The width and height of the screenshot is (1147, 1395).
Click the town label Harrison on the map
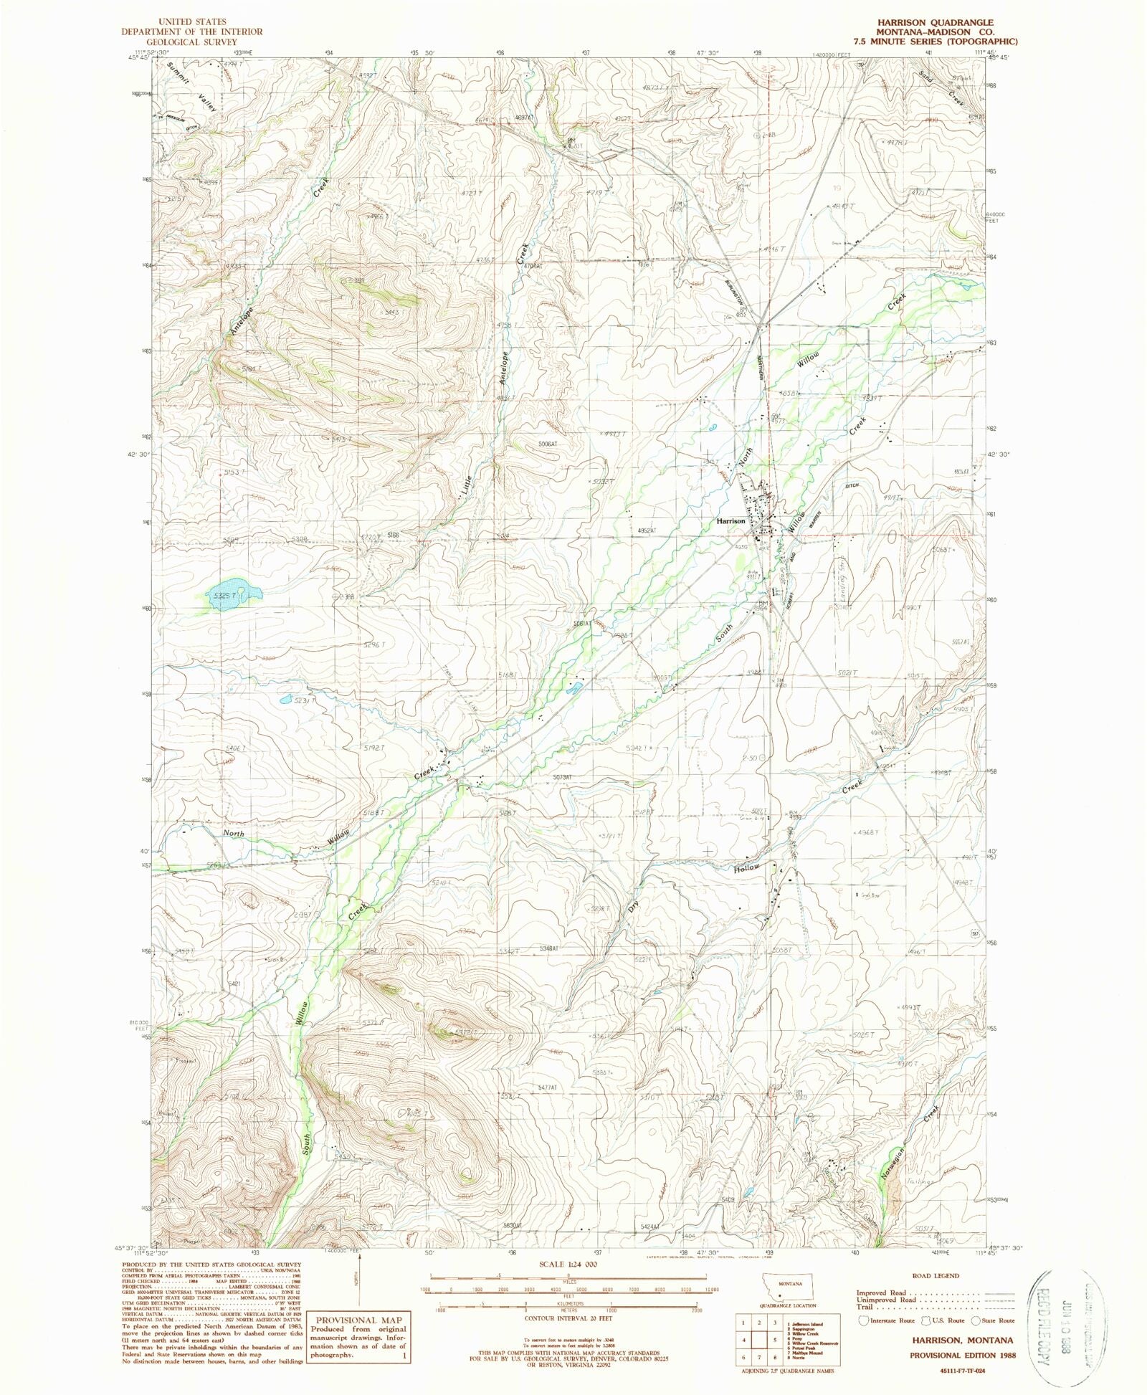click(x=730, y=521)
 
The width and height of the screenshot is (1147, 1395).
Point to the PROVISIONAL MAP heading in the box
click(x=356, y=1320)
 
